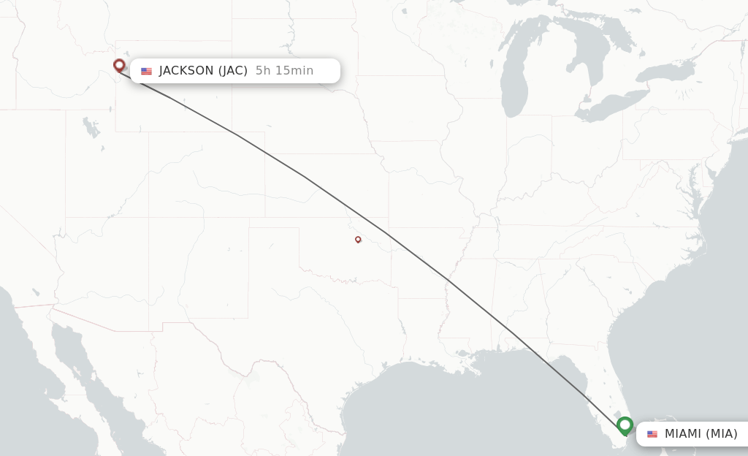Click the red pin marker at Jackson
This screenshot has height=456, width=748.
pyautogui.click(x=119, y=66)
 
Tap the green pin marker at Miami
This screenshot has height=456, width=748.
pyautogui.click(x=625, y=425)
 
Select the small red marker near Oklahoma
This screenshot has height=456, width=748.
pyautogui.click(x=358, y=239)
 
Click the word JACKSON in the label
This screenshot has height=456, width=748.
pyautogui.click(x=186, y=71)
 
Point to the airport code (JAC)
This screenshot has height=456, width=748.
pyautogui.click(x=233, y=71)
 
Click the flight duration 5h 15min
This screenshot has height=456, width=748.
pyautogui.click(x=284, y=71)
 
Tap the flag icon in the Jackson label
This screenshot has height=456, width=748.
pyautogui.click(x=147, y=71)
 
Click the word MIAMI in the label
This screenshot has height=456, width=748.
pyautogui.click(x=683, y=434)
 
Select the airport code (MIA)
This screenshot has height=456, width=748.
pyautogui.click(x=721, y=434)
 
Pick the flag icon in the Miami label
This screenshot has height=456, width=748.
pyautogui.click(x=652, y=434)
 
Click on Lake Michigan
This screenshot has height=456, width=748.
pyautogui.click(x=514, y=80)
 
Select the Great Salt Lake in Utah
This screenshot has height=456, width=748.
pyautogui.click(x=91, y=129)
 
